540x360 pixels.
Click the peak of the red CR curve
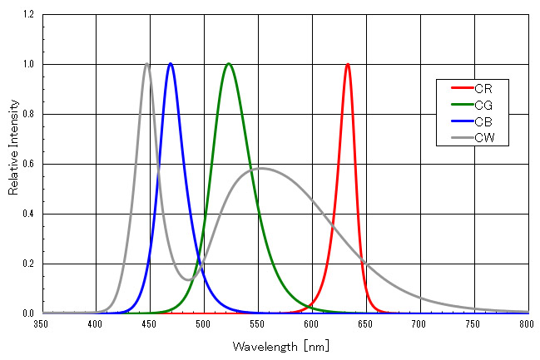[347, 64]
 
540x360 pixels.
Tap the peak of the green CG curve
[229, 64]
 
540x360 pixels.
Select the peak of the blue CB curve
[171, 64]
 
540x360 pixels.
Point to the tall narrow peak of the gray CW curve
[146, 64]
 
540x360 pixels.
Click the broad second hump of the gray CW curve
[260, 168]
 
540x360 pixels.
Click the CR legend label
[484, 87]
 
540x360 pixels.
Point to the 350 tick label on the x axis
[42, 324]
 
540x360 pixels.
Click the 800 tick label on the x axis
[526, 324]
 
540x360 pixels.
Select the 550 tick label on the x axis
[257, 324]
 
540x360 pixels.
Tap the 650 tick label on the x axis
[364, 324]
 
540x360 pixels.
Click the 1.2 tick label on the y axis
[28, 15]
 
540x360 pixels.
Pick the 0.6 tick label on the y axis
[28, 164]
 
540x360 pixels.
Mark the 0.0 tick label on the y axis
[28, 313]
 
